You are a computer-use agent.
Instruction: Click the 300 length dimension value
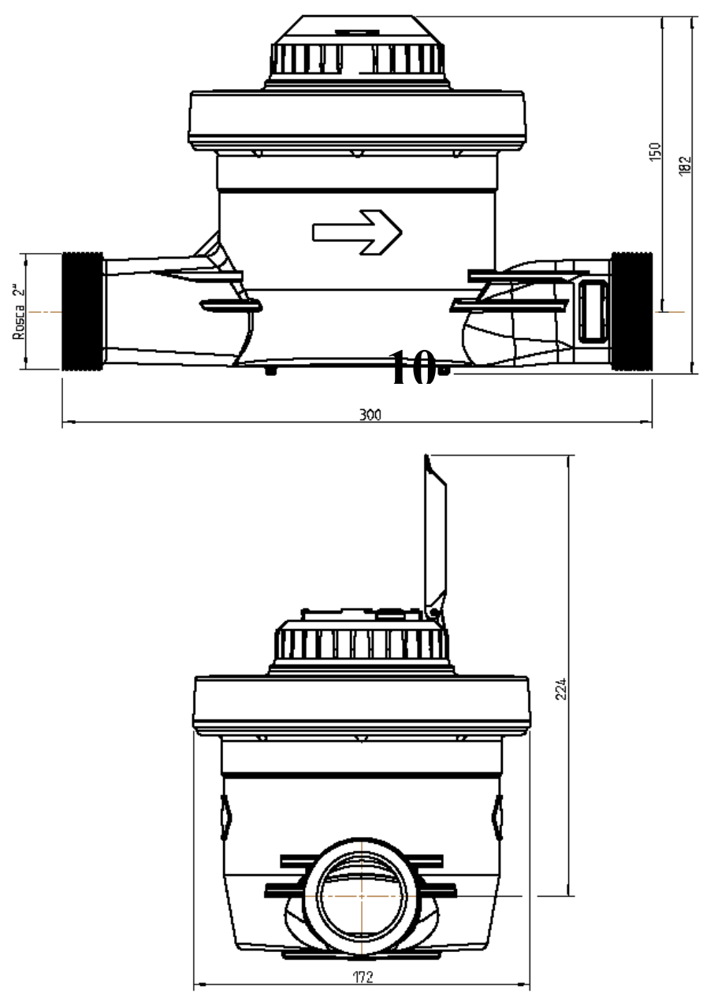pos(370,415)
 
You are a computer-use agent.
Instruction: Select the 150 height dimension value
pos(655,152)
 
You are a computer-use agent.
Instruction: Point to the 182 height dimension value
pos(685,165)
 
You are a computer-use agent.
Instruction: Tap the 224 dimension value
pos(561,689)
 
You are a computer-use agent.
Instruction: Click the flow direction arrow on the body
pos(357,232)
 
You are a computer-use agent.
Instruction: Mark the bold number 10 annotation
pos(412,367)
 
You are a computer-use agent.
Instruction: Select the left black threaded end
pos(83,311)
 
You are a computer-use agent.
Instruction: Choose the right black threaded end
pos(631,311)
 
